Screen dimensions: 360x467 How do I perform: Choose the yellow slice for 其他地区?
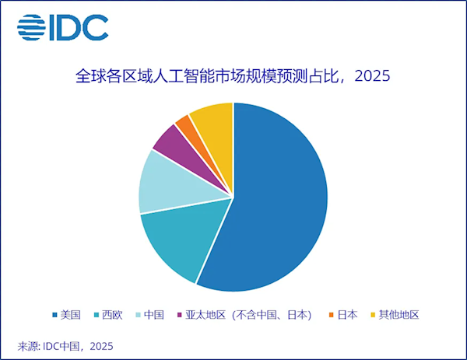point(212,118)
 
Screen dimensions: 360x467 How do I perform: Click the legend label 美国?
point(72,315)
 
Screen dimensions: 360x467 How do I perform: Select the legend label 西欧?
point(113,315)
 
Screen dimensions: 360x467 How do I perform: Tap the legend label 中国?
point(154,315)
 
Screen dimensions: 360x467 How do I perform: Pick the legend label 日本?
point(348,315)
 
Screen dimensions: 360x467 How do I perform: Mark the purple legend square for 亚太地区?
point(180,315)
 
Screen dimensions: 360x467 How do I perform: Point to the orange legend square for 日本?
point(332,315)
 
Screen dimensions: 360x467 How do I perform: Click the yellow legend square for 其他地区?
point(372,315)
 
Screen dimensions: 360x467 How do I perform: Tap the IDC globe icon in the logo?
point(32,28)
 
